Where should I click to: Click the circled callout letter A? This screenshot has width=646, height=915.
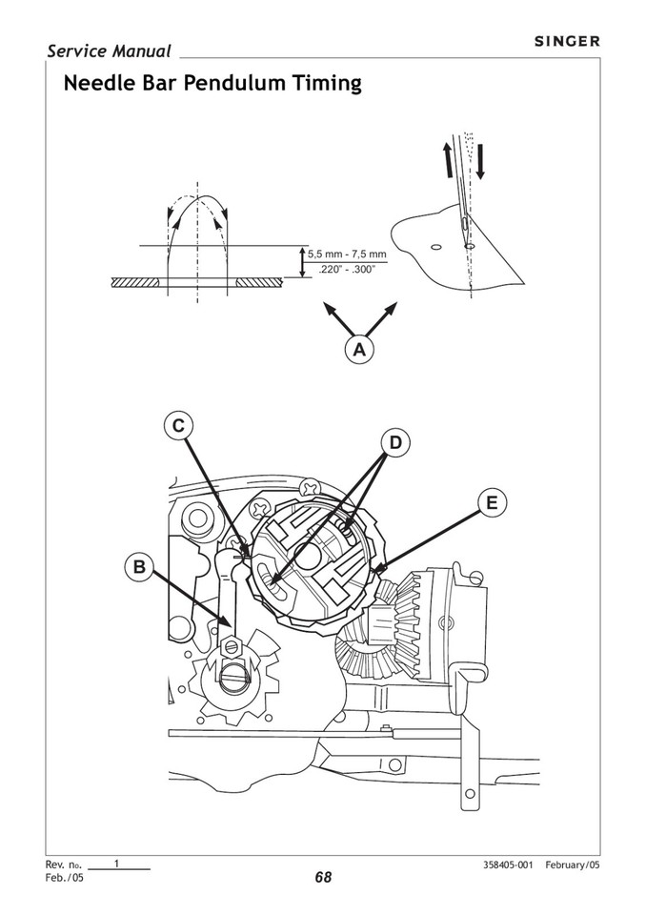tap(359, 350)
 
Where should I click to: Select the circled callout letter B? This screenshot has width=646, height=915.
tap(139, 568)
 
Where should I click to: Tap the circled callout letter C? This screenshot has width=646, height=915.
tap(178, 426)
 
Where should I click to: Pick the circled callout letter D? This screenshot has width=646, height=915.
tap(395, 442)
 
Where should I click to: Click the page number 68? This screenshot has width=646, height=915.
tap(323, 878)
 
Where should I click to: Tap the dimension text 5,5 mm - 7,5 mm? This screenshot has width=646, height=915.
tap(348, 254)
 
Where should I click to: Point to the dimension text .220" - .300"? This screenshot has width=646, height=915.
tap(344, 270)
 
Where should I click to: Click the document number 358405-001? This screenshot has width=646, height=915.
tap(509, 864)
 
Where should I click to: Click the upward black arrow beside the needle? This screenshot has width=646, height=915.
tap(446, 159)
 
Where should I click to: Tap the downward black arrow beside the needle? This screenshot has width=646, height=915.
tap(480, 159)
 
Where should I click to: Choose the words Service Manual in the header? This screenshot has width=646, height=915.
tap(109, 51)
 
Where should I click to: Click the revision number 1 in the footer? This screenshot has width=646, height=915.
tap(116, 864)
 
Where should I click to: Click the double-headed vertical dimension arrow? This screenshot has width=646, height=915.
tap(303, 262)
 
